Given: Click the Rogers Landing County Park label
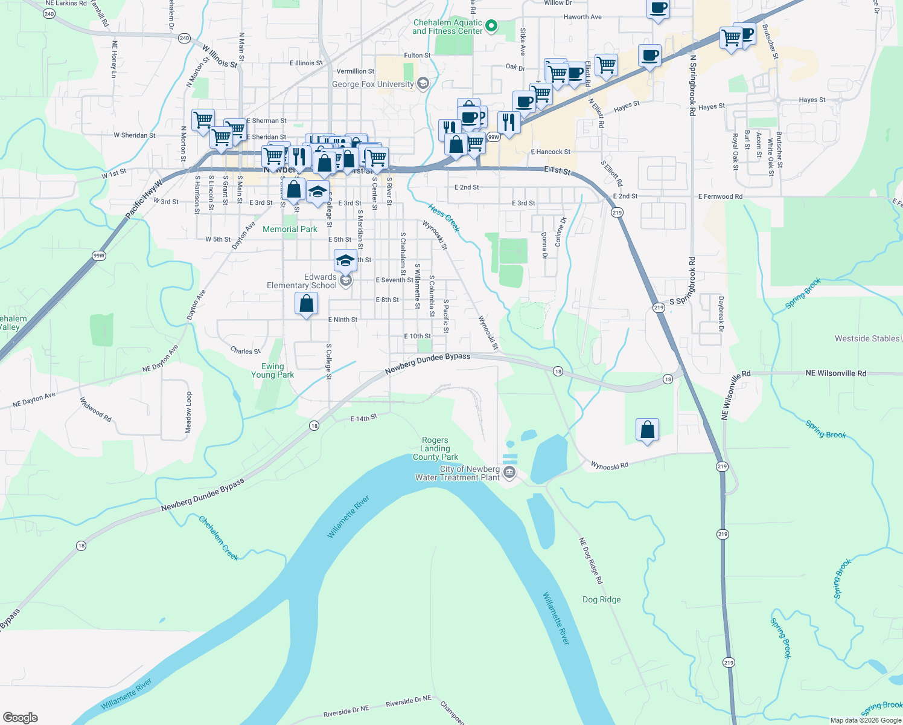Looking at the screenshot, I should (x=435, y=449).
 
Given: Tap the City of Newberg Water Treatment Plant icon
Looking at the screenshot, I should (x=509, y=472).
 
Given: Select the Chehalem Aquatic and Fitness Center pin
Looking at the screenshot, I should (x=491, y=26).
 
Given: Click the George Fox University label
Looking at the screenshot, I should (x=373, y=84).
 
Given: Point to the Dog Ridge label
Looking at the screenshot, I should (x=601, y=599).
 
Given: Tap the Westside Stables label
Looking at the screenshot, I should (x=867, y=338).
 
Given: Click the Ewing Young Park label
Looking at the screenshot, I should (x=273, y=370).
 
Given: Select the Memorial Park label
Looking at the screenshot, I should (x=290, y=229).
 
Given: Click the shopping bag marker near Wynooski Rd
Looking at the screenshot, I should (x=647, y=430).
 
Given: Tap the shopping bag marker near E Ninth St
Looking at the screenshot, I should (x=306, y=303).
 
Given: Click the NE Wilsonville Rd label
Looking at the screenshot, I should (x=835, y=373).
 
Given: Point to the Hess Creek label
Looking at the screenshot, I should (x=444, y=218).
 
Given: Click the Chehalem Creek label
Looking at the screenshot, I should (x=219, y=538).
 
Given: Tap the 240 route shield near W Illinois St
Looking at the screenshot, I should (x=185, y=38).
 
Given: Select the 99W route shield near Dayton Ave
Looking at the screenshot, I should (x=99, y=256).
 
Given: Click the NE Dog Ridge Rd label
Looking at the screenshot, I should (x=590, y=561).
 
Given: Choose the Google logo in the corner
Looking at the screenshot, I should (x=21, y=718).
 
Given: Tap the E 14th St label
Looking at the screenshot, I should (x=363, y=417).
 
